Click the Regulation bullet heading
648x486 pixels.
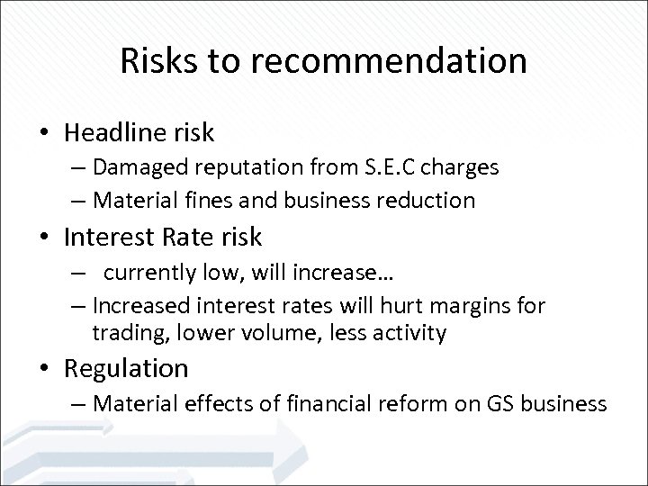point(127,368)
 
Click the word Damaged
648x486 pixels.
point(132,167)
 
